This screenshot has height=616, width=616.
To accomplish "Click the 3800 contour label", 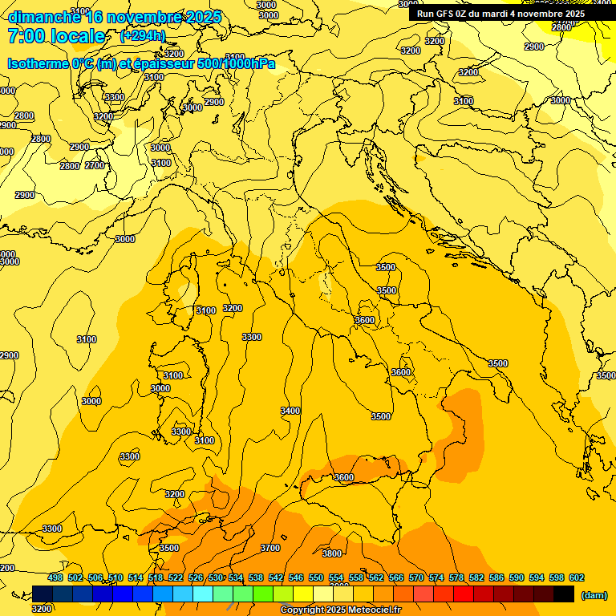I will (332, 553).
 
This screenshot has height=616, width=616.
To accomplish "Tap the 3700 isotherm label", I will (270, 548).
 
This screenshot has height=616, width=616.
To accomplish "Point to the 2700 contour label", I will (95, 166).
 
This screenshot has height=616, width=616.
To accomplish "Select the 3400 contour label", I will (290, 411).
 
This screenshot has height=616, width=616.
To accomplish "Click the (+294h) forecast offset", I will (143, 36).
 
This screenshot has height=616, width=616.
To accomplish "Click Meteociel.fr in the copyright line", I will (379, 610).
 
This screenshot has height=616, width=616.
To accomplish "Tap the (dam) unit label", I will (594, 594).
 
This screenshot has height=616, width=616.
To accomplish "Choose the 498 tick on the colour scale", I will (55, 577).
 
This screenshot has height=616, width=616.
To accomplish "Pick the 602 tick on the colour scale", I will (577, 577).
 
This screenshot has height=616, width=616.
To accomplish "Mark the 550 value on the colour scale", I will (316, 577).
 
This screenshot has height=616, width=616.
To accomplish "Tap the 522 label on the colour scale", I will (176, 577).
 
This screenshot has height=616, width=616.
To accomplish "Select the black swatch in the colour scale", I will (564, 594).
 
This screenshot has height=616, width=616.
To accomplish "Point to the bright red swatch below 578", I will (464, 594).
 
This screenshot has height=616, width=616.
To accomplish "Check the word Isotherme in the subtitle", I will (38, 63).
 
